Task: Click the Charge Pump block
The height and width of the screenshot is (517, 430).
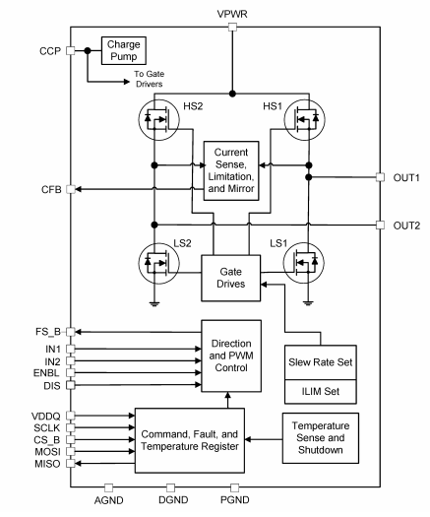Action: [120, 51]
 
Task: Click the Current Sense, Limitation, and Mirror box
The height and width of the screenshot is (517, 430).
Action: [231, 168]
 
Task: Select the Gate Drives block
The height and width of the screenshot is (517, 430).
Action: [231, 275]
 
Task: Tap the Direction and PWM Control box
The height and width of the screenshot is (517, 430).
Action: [231, 352]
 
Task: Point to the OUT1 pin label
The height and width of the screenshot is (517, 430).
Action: [406, 178]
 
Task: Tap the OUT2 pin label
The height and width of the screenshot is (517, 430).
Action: [406, 226]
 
